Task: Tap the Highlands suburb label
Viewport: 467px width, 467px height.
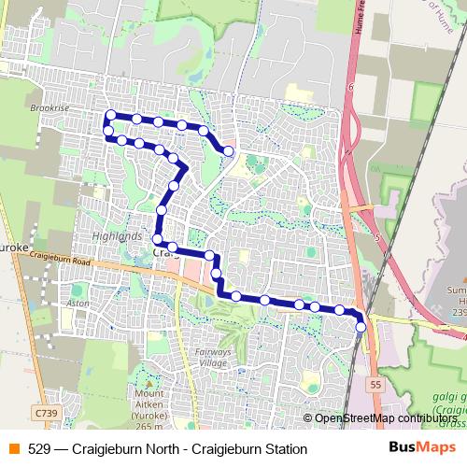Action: (x=117, y=236)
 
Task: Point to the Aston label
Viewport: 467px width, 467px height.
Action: (x=78, y=304)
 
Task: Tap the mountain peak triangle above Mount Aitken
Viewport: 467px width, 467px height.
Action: (x=148, y=382)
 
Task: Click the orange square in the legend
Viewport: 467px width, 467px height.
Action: (x=14, y=449)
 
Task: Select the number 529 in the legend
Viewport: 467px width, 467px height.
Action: (x=40, y=449)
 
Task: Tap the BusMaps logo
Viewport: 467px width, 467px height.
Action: (x=416, y=448)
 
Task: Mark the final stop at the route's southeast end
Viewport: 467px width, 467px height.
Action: (x=361, y=327)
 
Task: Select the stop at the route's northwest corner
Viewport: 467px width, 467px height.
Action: (x=110, y=116)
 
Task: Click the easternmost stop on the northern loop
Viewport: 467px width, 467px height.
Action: (x=227, y=150)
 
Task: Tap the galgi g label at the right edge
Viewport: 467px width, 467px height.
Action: (x=449, y=398)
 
